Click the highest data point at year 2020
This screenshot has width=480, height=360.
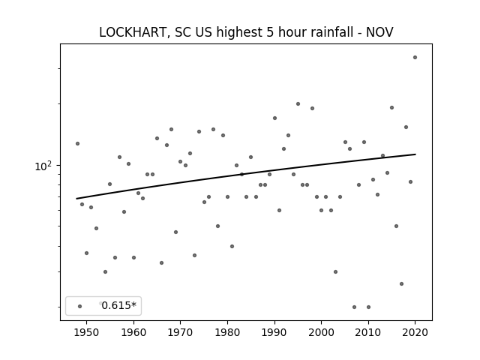(x=415, y=58)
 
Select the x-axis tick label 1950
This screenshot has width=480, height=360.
(x=87, y=332)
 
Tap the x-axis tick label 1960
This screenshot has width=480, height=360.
(x=133, y=332)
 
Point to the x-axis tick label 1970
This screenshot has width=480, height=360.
(x=180, y=332)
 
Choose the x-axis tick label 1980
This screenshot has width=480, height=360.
(x=227, y=332)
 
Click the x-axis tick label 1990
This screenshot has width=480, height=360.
(x=274, y=332)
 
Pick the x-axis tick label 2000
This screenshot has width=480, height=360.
(x=322, y=332)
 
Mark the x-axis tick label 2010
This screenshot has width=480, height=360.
(x=368, y=332)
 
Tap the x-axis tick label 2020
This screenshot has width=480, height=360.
(x=415, y=332)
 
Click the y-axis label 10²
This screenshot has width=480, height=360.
(x=43, y=166)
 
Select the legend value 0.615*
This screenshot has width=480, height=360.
(x=118, y=305)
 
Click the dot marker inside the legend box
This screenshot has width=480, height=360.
(x=80, y=306)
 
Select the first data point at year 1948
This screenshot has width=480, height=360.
(x=77, y=143)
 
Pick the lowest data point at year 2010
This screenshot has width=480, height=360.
(x=368, y=307)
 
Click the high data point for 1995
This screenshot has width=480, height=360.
(x=298, y=104)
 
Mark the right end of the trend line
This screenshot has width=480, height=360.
(x=415, y=154)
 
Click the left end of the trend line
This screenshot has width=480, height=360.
(x=76, y=199)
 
